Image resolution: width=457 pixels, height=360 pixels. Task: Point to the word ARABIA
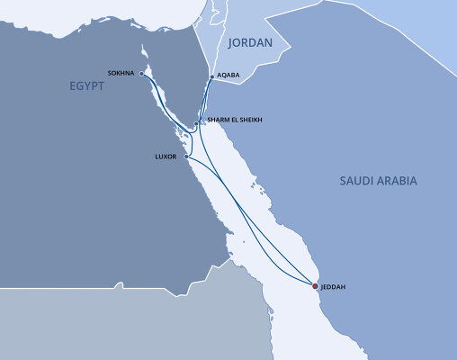[399, 181]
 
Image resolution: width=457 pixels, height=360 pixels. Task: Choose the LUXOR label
[168, 157]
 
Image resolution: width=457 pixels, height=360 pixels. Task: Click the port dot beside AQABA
[211, 78]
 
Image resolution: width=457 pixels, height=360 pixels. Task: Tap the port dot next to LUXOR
[186, 157]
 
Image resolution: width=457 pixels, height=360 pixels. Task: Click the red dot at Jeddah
[315, 286]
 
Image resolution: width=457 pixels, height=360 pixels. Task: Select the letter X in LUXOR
[168, 157]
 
